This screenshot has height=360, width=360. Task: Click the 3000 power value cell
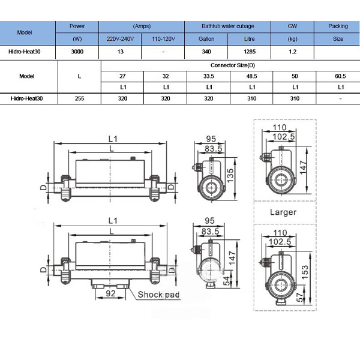(77, 52)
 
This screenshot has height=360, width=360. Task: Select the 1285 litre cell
(250, 52)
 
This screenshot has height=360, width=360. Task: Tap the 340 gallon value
(206, 52)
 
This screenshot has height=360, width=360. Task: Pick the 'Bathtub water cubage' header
(228, 26)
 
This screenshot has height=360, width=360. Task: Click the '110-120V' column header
(163, 39)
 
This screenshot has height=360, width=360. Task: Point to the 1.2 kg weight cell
(293, 52)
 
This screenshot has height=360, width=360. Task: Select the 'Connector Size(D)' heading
(233, 65)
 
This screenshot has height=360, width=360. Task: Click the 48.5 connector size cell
(251, 76)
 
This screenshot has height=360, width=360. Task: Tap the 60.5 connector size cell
(340, 76)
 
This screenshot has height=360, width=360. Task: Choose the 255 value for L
(79, 99)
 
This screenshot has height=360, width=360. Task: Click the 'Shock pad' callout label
(158, 295)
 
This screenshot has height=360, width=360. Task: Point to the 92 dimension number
(110, 293)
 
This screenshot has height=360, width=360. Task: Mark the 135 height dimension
(230, 176)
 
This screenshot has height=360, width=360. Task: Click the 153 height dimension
(305, 272)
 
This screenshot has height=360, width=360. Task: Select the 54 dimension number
(227, 281)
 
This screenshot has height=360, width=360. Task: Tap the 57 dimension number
(300, 297)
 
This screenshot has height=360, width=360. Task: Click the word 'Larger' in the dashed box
(283, 212)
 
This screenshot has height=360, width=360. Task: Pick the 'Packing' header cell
(338, 26)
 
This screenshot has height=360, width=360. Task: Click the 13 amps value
(121, 52)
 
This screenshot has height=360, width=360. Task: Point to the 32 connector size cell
(166, 76)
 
